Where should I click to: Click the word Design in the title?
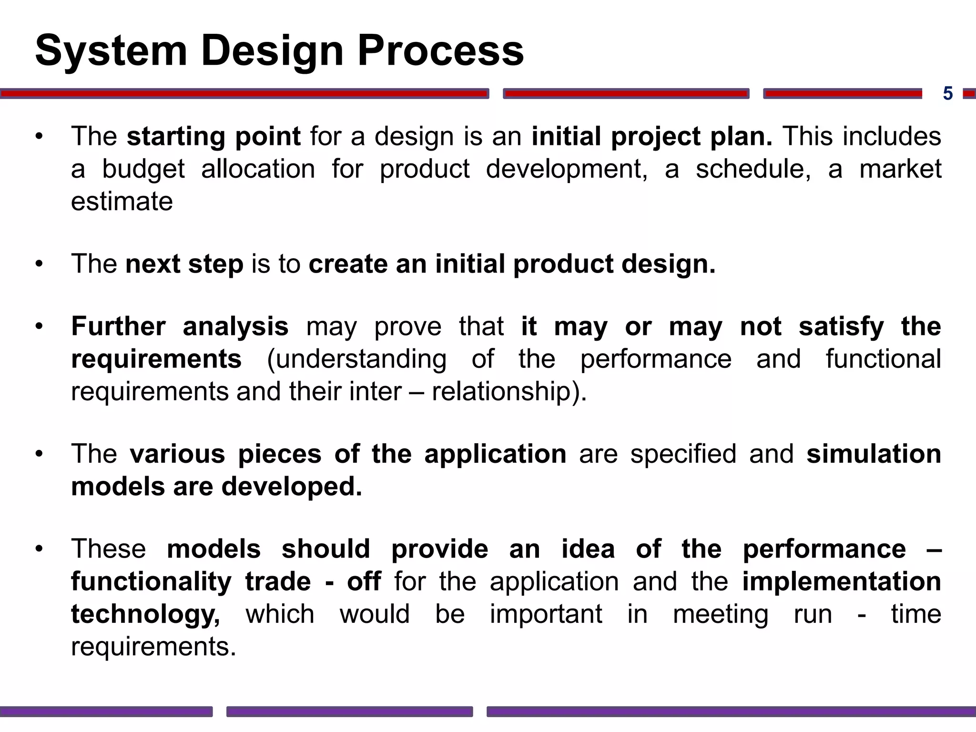pyautogui.click(x=272, y=51)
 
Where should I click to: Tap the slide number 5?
pyautogui.click(x=947, y=94)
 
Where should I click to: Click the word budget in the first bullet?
pyautogui.click(x=143, y=169)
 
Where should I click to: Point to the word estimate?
pyautogui.click(x=122, y=202)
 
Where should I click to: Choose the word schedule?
pyautogui.click(x=753, y=169)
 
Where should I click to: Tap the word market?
pyautogui.click(x=900, y=169)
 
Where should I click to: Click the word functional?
pyautogui.click(x=883, y=359)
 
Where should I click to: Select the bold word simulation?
pyautogui.click(x=874, y=454)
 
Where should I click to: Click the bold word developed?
pyautogui.click(x=292, y=487)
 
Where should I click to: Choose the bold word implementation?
pyautogui.click(x=842, y=582)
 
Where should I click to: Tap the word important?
pyautogui.click(x=546, y=614)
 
